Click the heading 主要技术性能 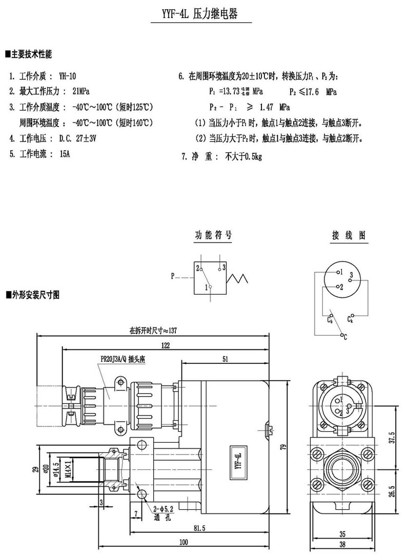point(31,54)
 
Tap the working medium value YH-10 point(68,76)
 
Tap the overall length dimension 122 point(165,345)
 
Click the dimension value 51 point(225,359)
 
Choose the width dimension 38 point(342,545)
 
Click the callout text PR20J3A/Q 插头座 point(123,360)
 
